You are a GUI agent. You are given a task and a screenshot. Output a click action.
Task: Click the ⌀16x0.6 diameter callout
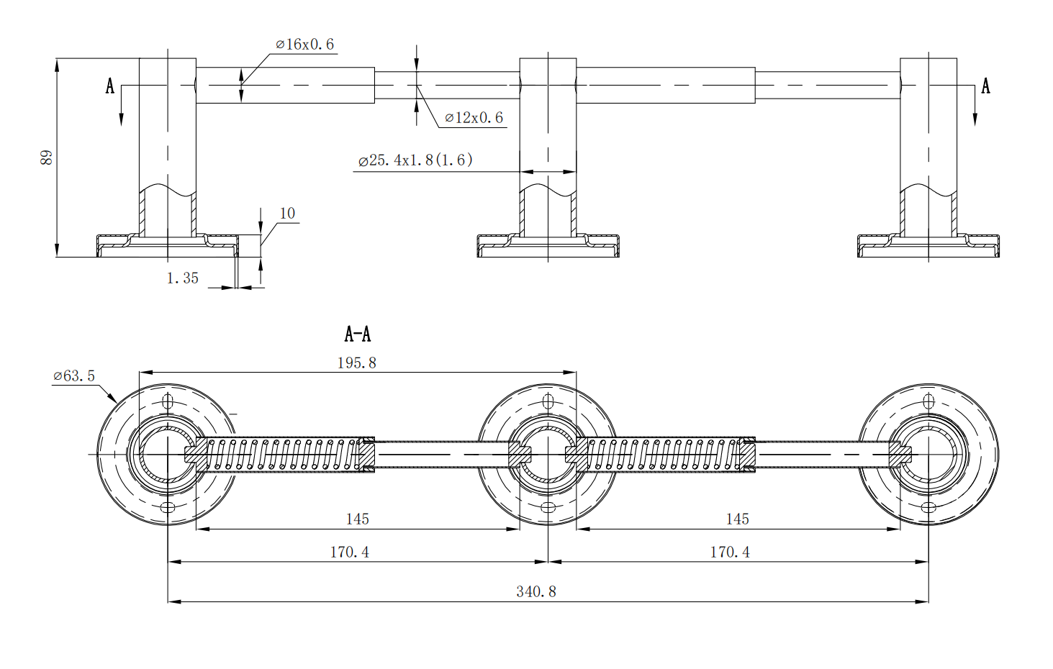(x=305, y=45)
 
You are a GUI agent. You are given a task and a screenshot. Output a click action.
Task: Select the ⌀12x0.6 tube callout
(x=474, y=118)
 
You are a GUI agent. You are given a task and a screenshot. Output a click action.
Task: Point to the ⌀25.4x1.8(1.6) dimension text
(x=415, y=160)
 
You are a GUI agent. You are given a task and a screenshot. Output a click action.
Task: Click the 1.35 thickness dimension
(x=182, y=278)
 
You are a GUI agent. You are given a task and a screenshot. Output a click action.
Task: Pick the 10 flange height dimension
(x=287, y=214)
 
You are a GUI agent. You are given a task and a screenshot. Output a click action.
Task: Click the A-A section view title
(x=358, y=334)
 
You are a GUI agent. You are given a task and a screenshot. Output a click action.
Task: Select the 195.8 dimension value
(x=357, y=363)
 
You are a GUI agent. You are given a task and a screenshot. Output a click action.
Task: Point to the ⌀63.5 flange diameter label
(x=74, y=376)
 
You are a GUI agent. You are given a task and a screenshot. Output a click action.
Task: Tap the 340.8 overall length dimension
(x=536, y=592)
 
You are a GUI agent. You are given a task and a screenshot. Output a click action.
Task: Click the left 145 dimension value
(x=357, y=519)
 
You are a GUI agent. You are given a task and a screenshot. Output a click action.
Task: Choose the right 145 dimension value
(x=737, y=519)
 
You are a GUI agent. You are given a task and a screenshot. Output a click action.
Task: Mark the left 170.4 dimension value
(x=350, y=552)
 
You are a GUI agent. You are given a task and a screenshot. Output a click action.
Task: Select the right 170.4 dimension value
(x=730, y=552)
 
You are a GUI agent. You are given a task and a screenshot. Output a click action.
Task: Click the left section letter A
(x=110, y=86)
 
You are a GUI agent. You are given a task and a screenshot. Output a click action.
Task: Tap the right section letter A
(x=985, y=86)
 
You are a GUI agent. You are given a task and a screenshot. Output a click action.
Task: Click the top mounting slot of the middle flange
(x=548, y=401)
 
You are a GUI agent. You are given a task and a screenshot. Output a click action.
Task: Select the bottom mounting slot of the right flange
(x=928, y=508)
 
